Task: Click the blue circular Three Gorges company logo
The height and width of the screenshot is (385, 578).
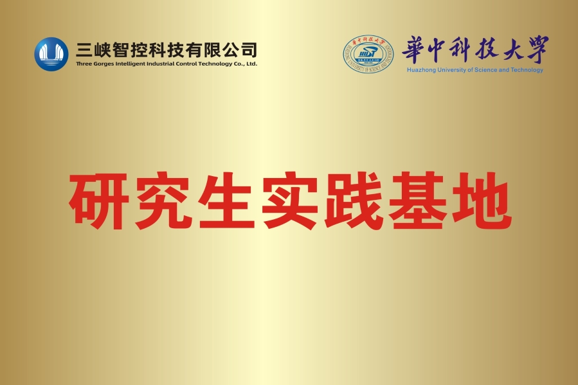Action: click(51, 54)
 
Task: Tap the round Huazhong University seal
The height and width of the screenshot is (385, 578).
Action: click(368, 54)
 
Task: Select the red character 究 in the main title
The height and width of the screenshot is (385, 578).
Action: click(163, 201)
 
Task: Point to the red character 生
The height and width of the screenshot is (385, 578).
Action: click(226, 201)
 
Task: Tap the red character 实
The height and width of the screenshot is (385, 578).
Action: click(290, 201)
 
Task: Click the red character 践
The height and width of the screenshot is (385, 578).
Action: click(354, 201)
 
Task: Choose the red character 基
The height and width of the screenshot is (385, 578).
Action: click(417, 201)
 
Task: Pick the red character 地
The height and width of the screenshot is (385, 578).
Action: click(482, 201)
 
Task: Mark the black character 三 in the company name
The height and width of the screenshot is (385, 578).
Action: click(84, 50)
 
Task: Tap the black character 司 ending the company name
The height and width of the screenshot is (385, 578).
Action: click(249, 50)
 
